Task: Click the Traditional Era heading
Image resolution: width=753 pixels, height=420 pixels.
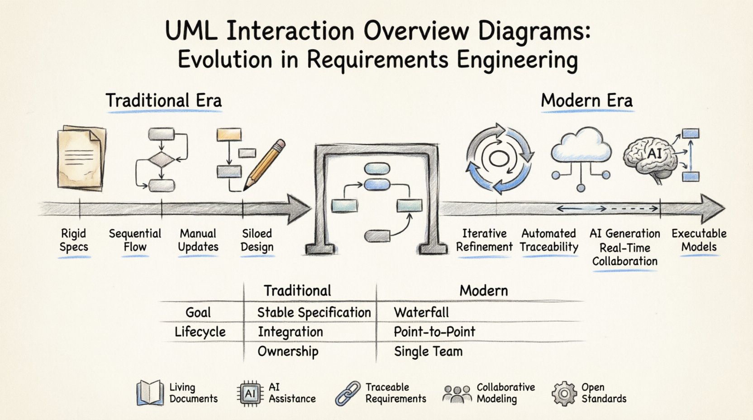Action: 163,100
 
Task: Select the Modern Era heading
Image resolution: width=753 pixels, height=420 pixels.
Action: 586,100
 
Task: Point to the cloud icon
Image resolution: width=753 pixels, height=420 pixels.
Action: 581,145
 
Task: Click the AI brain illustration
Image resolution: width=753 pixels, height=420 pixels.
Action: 651,156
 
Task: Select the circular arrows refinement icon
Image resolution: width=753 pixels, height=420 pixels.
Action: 499,158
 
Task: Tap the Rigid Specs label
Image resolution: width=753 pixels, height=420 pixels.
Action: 73,240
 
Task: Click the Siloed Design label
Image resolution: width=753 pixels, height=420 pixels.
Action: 257,240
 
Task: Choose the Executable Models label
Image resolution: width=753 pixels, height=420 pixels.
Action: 699,240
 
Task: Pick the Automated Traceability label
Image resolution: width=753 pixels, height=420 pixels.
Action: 548,240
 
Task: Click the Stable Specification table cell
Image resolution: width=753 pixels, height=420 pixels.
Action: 314,312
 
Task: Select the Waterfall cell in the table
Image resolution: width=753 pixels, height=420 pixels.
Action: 421,312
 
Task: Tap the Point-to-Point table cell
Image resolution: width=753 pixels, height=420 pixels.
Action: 434,332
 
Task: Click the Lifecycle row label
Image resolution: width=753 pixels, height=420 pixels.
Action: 200,332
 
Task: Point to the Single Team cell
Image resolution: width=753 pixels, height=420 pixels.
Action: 428,351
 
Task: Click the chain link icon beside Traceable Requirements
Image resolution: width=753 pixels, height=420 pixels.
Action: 348,393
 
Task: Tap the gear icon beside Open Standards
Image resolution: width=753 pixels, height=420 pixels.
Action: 563,393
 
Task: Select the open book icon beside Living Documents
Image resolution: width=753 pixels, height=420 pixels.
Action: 150,392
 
